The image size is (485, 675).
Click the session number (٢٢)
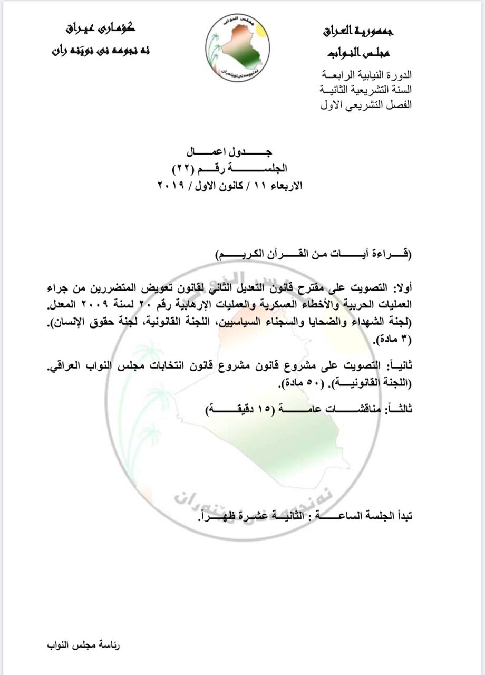[x=186, y=169]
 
